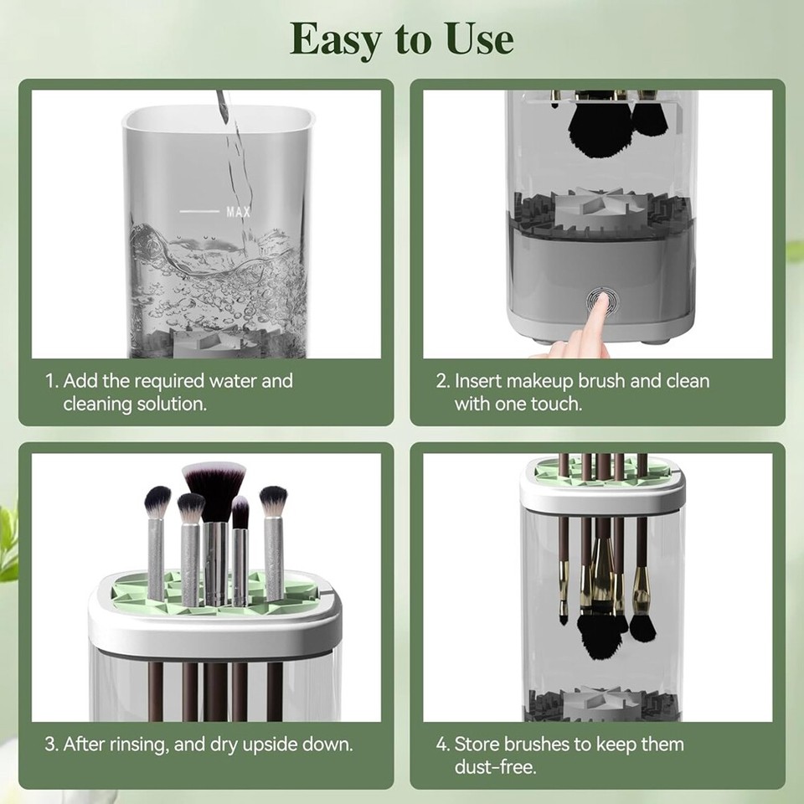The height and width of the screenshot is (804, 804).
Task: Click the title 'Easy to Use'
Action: point(401,39)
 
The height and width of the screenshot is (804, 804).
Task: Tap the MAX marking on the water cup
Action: point(238,212)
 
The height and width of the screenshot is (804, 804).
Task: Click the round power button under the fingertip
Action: point(600,299)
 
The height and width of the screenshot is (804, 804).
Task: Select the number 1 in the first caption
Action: point(49,381)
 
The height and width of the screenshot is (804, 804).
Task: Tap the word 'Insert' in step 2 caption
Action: point(478,381)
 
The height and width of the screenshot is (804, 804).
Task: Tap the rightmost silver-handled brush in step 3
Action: point(274,544)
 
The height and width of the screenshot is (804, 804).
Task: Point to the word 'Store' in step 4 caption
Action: point(477,744)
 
